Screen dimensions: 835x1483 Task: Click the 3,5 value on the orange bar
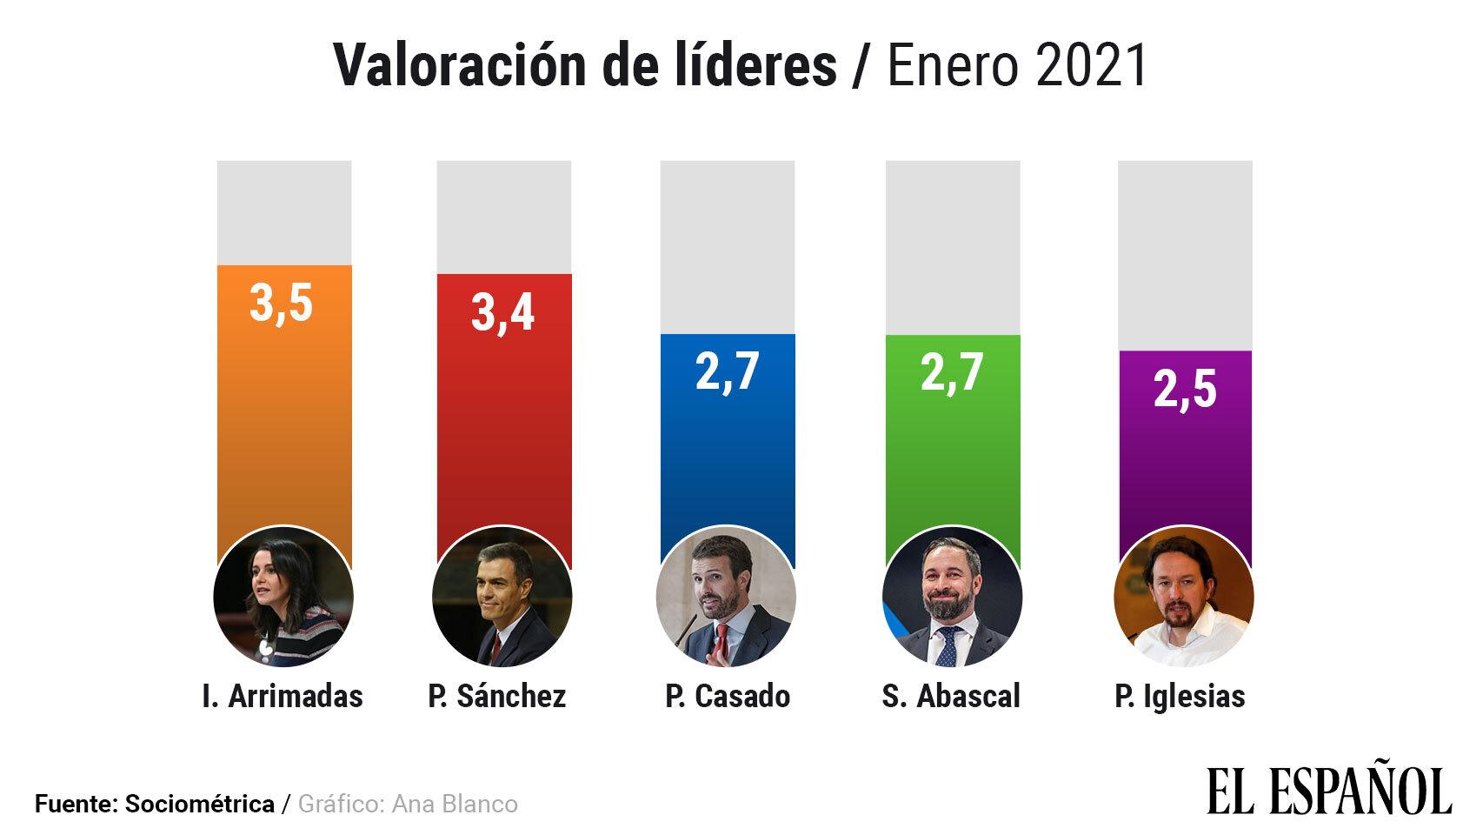click(281, 304)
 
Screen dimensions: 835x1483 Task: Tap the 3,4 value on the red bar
click(502, 313)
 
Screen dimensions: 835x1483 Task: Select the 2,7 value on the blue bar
click(728, 371)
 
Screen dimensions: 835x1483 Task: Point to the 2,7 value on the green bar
click(952, 372)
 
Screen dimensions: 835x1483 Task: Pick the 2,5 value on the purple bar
click(1185, 389)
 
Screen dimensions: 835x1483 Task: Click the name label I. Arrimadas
click(283, 696)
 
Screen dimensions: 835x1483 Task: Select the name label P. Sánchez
click(497, 696)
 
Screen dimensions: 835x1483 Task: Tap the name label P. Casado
click(728, 696)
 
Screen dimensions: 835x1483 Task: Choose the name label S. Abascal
click(951, 696)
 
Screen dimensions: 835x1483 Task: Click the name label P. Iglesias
click(1180, 696)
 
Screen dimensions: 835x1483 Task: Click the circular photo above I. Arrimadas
click(283, 597)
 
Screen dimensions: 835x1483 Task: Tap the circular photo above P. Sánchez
click(502, 597)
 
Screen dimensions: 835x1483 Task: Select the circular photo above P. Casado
click(726, 597)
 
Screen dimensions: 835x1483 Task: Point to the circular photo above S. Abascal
click(952, 597)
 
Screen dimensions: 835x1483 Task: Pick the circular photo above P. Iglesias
click(1183, 597)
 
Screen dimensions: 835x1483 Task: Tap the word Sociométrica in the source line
click(200, 804)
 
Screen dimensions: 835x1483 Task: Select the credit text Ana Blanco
click(455, 804)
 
